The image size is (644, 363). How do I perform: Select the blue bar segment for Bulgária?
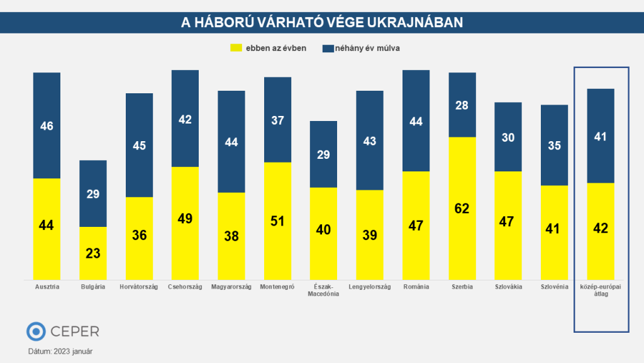click(93, 193)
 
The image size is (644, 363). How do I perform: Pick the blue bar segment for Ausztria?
click(47, 125)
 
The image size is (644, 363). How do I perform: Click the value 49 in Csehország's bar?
click(185, 219)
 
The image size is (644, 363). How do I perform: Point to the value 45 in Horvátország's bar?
click(139, 146)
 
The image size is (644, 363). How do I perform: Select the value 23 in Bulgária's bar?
click(93, 253)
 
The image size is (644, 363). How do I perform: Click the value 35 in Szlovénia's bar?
click(554, 146)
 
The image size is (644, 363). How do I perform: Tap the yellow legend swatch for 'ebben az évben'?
click(236, 48)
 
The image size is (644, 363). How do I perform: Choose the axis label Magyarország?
click(231, 287)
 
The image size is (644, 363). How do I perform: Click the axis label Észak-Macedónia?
click(323, 291)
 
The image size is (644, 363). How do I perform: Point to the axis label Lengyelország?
click(369, 287)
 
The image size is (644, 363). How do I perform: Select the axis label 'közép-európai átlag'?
click(600, 291)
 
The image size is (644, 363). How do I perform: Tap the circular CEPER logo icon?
click(36, 331)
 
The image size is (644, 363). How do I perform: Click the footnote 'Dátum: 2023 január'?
click(60, 351)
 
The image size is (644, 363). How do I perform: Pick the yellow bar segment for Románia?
click(416, 226)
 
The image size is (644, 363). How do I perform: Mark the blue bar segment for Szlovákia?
click(508, 137)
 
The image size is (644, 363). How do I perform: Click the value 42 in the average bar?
click(600, 228)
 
